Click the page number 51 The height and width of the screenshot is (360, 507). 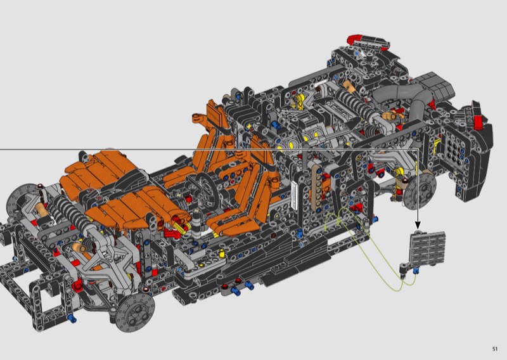tap(495, 349)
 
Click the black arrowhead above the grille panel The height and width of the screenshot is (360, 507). tap(418, 225)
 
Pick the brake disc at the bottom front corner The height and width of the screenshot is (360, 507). tap(136, 312)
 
